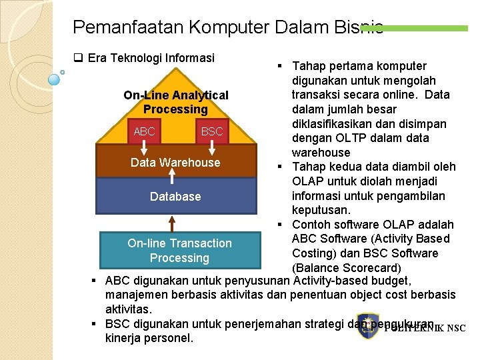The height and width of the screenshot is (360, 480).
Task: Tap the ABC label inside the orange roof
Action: click(x=144, y=131)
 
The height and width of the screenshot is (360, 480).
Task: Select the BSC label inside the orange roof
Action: click(x=212, y=131)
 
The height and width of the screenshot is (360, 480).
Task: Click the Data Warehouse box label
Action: click(x=175, y=162)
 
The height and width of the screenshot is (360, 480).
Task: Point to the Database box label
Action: click(x=175, y=196)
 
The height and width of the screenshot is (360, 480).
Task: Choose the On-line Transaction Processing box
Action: click(x=179, y=251)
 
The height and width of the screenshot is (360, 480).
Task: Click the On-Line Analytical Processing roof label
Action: click(x=176, y=102)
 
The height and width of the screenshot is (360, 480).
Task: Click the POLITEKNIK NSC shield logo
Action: click(x=368, y=326)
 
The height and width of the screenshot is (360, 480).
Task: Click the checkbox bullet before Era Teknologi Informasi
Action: click(x=77, y=58)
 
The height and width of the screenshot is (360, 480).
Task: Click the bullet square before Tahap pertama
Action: click(x=279, y=66)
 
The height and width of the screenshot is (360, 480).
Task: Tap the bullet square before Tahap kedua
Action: click(x=279, y=167)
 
